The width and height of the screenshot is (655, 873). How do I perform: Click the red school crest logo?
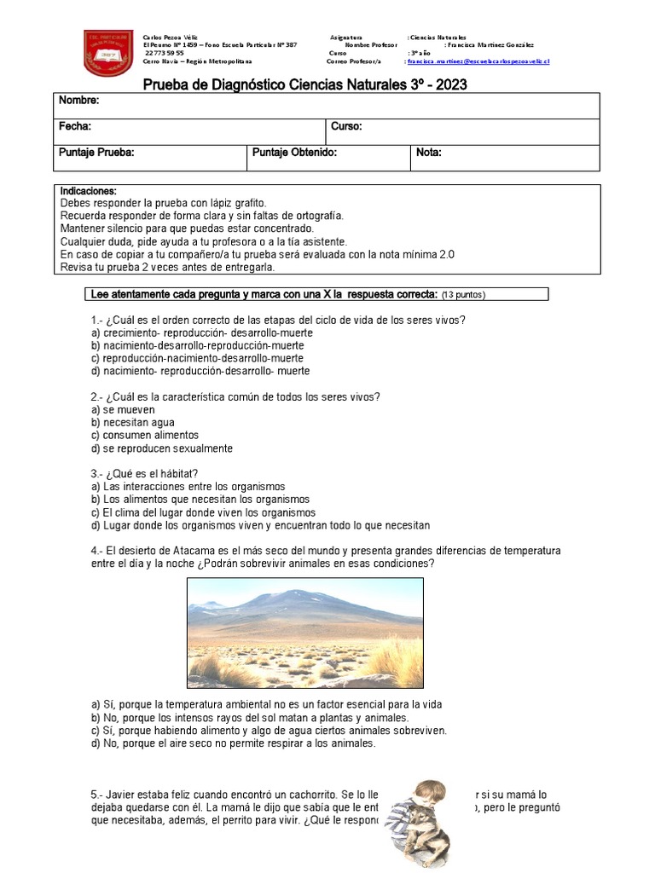point(108,50)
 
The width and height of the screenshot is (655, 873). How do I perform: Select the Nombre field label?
point(79,101)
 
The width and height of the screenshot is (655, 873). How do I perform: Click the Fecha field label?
point(75,126)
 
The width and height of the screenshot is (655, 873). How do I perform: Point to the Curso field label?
point(346,126)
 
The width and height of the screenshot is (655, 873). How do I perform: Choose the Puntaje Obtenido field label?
point(295,153)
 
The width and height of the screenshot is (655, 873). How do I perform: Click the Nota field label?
point(429,153)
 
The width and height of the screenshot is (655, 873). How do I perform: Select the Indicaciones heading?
point(89,191)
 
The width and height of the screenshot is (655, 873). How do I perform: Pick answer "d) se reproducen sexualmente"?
point(161,448)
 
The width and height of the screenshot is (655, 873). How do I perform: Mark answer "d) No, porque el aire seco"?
point(233,743)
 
